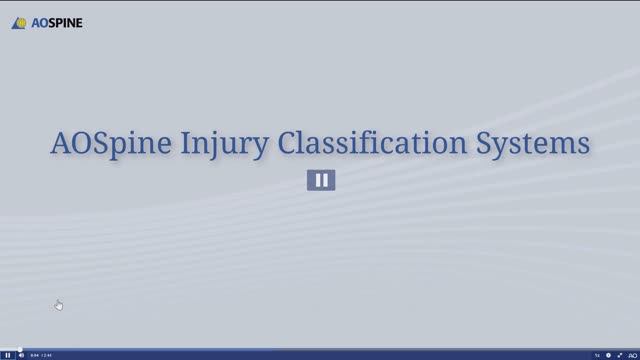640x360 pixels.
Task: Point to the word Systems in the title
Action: coord(539,144)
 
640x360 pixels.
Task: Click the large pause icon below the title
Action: coord(321,180)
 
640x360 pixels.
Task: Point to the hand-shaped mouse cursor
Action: coord(58,304)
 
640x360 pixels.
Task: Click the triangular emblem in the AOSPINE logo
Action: coord(19,22)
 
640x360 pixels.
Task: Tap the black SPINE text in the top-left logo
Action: coord(65,22)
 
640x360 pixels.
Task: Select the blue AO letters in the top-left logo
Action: coord(36,22)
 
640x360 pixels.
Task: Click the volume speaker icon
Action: coord(21,355)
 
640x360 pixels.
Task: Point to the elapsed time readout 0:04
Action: coord(34,355)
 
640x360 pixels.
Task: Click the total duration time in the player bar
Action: coord(47,355)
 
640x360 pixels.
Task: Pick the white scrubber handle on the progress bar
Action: coord(20,349)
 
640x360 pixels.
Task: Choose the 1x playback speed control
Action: coord(597,355)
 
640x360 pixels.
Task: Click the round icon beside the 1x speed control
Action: coord(608,355)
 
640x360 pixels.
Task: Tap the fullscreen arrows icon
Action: coord(620,355)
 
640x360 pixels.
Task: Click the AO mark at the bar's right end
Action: coord(632,355)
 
